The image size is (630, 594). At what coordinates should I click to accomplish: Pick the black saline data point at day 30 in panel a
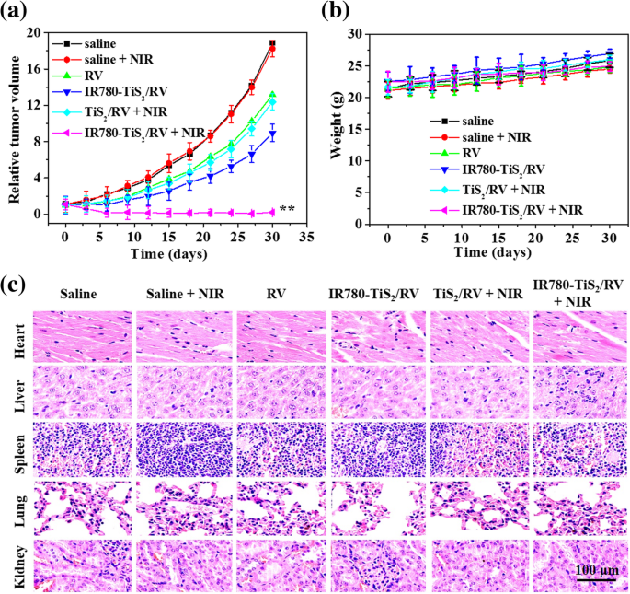point(272,43)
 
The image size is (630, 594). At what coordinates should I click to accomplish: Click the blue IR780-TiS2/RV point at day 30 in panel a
point(272,134)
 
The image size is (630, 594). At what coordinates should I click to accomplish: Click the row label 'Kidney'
point(17,564)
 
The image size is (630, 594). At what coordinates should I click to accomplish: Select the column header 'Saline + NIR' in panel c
point(182,293)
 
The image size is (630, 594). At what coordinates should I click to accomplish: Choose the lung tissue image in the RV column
point(281,506)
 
